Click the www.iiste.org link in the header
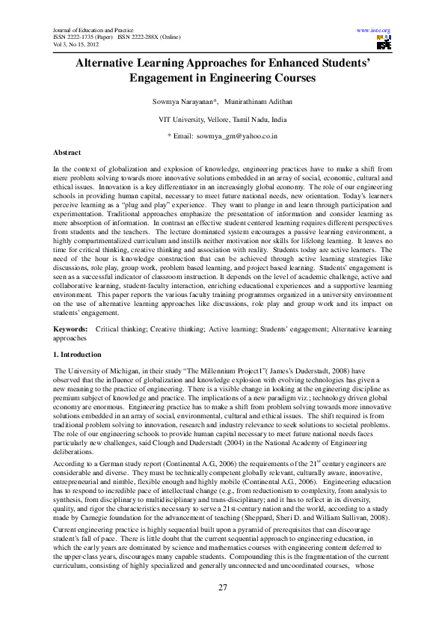[374, 31]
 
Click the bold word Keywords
[72, 329]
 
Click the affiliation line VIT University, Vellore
[222, 120]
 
